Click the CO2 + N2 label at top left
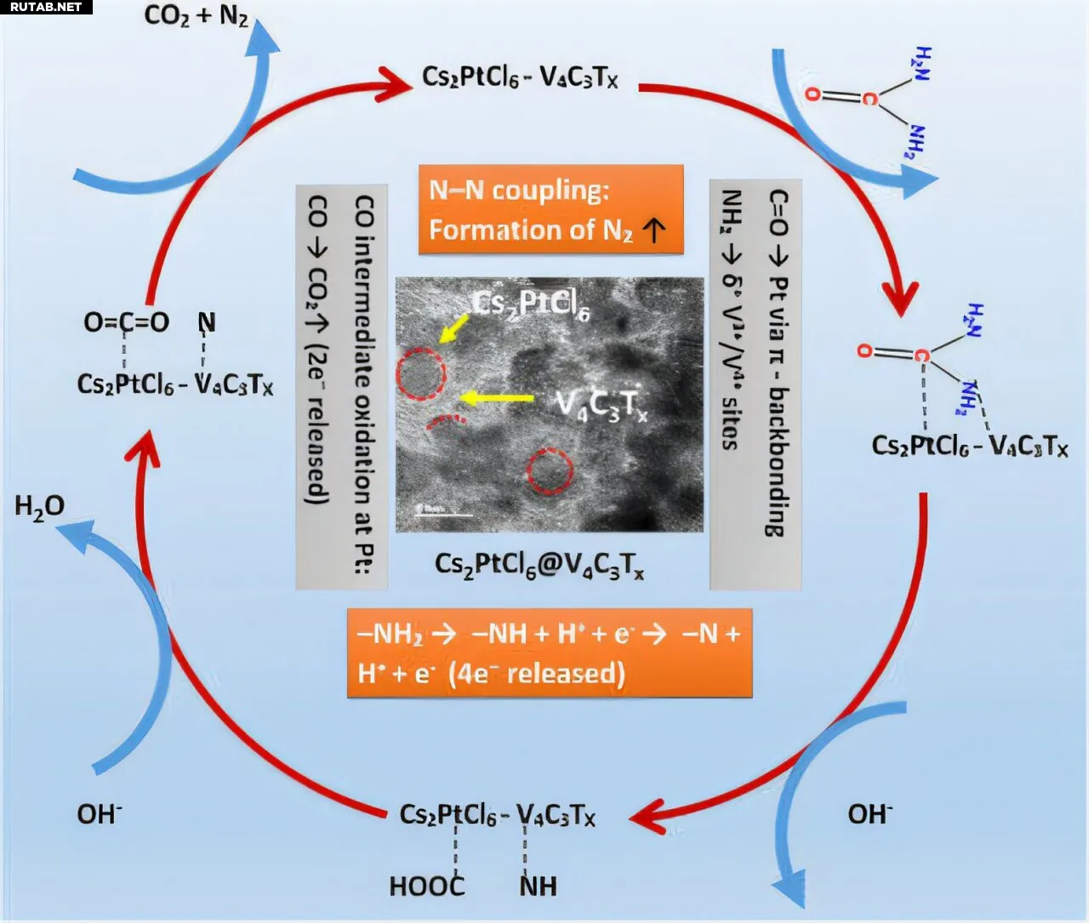tap(197, 15)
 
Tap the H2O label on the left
tap(39, 507)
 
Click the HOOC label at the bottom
tap(427, 886)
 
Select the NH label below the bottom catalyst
tap(538, 886)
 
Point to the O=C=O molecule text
tap(126, 322)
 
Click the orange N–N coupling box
tap(550, 209)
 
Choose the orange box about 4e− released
tap(550, 653)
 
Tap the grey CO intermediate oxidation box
tap(341, 387)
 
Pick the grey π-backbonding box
tap(755, 385)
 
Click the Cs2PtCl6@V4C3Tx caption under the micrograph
tap(539, 565)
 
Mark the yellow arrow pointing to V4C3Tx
tap(496, 397)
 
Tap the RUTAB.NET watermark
tap(46, 7)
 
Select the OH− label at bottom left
tap(100, 814)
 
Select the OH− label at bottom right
tap(869, 814)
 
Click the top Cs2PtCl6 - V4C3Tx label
tap(520, 77)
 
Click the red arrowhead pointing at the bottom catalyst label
tap(647, 816)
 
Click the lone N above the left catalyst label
tap(207, 322)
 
